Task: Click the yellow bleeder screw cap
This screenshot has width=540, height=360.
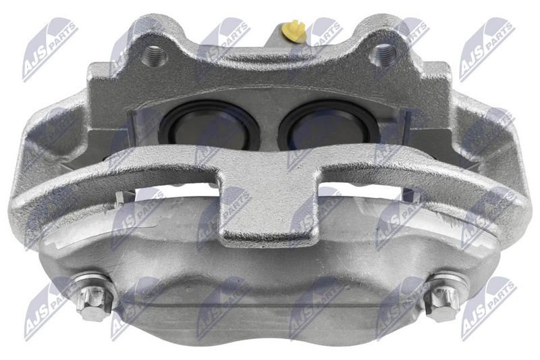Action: click(294, 30)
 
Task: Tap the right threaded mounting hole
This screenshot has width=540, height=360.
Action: click(383, 51)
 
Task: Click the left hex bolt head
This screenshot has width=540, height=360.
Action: click(92, 301)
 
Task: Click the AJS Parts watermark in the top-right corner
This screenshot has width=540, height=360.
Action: click(486, 47)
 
